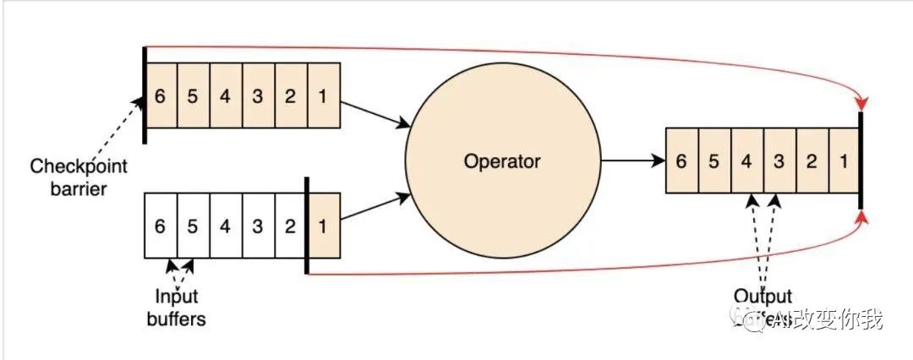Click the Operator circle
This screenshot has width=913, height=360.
point(502,160)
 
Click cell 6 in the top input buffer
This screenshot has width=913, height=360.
point(161,95)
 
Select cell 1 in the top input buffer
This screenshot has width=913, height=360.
point(324,95)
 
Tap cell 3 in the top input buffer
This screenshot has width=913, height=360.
point(258,95)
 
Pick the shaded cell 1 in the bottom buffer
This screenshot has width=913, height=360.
point(324,226)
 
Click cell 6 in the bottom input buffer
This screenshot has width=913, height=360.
point(161,226)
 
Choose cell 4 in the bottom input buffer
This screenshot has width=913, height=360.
point(225,226)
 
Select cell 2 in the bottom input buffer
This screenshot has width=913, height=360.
point(290,226)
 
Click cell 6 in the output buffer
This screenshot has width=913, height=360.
point(681,160)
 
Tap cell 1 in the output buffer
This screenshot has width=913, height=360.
point(844,160)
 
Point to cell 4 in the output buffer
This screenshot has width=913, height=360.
point(746,160)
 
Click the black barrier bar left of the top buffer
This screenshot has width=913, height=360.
point(145,95)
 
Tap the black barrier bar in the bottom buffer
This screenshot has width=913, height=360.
point(306,226)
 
